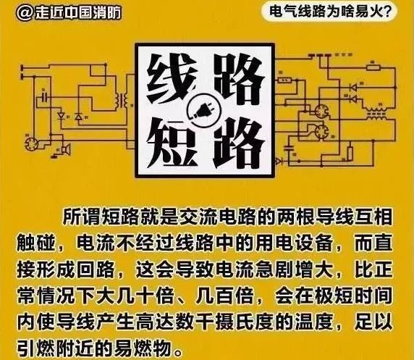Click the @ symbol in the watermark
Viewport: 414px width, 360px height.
pos(25,12)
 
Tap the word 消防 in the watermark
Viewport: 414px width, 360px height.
pos(107,12)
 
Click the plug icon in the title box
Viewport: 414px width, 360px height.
pos(202,110)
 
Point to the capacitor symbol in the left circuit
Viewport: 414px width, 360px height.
pos(45,98)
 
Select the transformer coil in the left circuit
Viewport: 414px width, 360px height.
pos(120,100)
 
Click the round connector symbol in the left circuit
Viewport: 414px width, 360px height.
pos(31,144)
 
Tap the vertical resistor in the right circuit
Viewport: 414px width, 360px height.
pos(350,153)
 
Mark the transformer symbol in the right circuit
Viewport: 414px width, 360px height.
pos(375,114)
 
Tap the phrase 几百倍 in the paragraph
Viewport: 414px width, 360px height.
pos(224,296)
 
